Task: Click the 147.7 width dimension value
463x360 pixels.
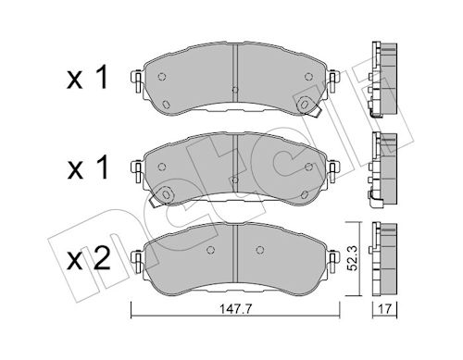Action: (235, 308)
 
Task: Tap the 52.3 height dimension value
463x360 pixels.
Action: (352, 258)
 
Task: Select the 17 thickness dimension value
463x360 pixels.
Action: (385, 308)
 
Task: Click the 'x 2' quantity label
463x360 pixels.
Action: (89, 259)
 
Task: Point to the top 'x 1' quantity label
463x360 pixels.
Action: (87, 77)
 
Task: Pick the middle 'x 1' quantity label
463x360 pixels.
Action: (88, 168)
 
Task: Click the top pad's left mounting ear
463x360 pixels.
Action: (137, 81)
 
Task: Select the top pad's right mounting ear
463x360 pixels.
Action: (333, 81)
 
